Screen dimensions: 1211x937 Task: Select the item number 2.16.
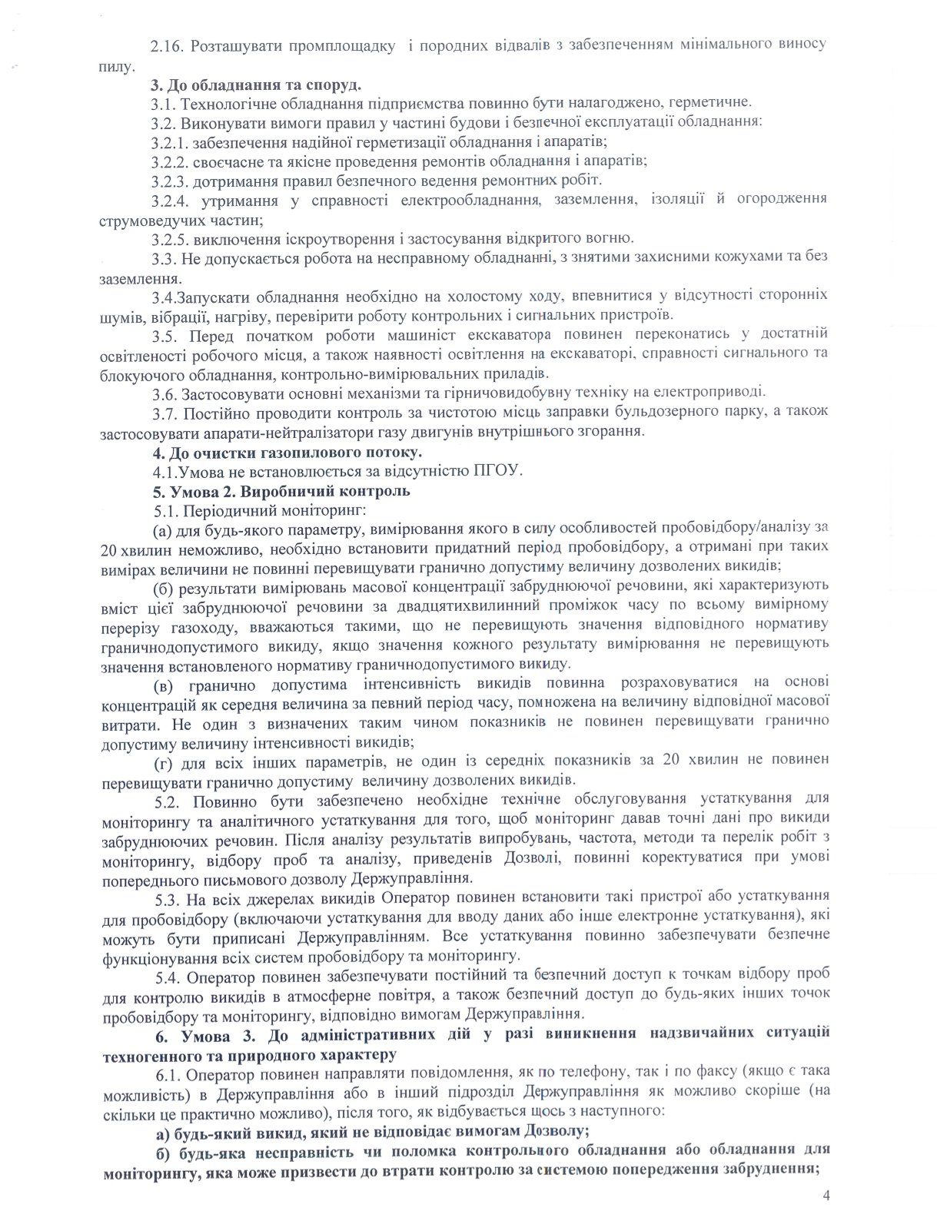(x=167, y=44)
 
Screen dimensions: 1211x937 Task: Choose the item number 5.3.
(x=167, y=895)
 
